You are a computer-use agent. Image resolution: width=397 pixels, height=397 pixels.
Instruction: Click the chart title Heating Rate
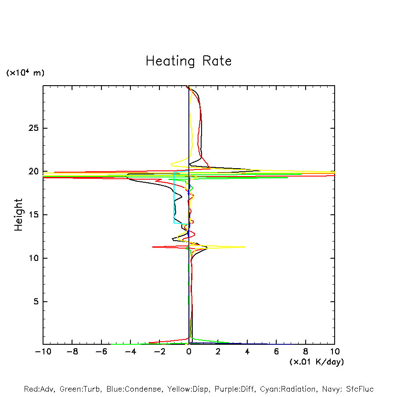coord(188,61)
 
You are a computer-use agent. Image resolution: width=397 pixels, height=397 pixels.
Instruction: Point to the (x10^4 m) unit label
coord(25,73)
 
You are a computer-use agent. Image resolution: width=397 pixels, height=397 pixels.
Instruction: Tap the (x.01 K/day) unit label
coord(316,362)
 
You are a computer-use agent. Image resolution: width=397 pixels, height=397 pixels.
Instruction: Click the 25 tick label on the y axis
coord(35,128)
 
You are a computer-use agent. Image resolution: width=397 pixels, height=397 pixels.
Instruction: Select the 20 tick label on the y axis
coord(35,171)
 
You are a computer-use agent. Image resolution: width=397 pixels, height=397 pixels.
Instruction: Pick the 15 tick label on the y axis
coord(35,215)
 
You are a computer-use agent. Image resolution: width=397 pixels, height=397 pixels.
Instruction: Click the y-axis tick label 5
coord(37,302)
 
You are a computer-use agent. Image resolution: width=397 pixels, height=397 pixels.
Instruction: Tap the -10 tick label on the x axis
coord(43,352)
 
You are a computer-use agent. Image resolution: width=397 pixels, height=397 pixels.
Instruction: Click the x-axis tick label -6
coord(101,352)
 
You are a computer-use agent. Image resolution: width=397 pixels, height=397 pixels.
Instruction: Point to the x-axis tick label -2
coord(159,352)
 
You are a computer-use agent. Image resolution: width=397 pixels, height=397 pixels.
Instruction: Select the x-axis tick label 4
coord(247,352)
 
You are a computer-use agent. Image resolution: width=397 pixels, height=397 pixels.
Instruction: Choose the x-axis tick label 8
coord(306,352)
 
